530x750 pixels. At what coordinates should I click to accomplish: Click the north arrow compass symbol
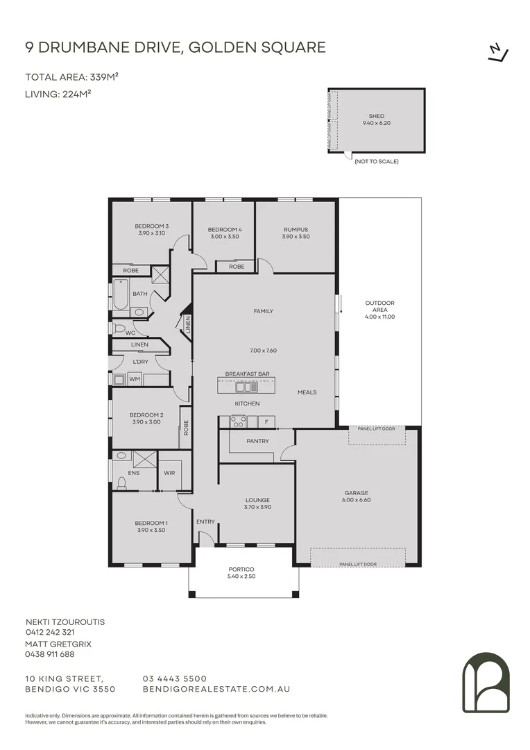[498, 53]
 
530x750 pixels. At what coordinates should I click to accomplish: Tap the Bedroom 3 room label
[151, 226]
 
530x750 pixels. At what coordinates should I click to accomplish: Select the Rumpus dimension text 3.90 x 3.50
[296, 236]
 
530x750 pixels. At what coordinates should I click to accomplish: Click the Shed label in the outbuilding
[377, 116]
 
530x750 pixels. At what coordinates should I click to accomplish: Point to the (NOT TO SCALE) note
[377, 162]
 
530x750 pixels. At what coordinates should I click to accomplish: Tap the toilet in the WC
[117, 328]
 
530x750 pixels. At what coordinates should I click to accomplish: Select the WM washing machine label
[135, 379]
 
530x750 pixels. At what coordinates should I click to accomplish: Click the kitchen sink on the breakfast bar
[247, 386]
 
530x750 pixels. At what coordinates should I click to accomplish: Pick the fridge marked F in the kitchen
[266, 422]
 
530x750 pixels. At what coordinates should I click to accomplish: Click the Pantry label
[257, 441]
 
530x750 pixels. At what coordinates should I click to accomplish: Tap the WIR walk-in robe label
[169, 473]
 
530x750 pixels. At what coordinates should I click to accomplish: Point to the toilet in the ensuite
[121, 483]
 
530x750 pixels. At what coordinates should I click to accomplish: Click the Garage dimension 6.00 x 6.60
[357, 500]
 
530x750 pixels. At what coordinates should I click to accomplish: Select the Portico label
[241, 569]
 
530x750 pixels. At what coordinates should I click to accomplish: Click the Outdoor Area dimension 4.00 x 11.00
[380, 317]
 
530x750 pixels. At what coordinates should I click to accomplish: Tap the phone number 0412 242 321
[50, 633]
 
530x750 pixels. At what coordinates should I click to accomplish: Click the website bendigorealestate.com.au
[216, 690]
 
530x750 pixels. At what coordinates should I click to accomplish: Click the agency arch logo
[486, 682]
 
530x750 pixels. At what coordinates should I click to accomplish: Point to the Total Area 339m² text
[71, 77]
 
